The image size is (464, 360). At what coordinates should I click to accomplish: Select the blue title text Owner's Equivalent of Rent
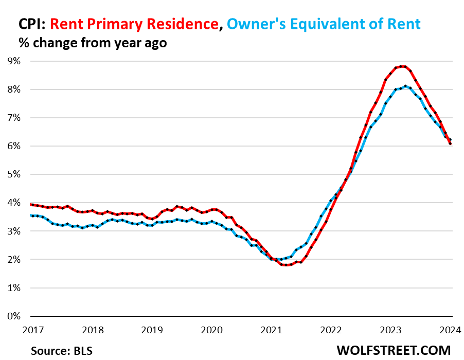pyautogui.click(x=324, y=24)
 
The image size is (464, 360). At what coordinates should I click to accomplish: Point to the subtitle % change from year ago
pyautogui.click(x=93, y=43)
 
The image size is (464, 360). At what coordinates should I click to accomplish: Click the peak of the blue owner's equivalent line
pyautogui.click(x=405, y=86)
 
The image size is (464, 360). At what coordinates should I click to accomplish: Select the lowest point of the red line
pyautogui.click(x=286, y=265)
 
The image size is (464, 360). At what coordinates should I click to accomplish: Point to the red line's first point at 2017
pyautogui.click(x=31, y=204)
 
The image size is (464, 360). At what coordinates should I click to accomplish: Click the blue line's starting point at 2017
pyautogui.click(x=31, y=215)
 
